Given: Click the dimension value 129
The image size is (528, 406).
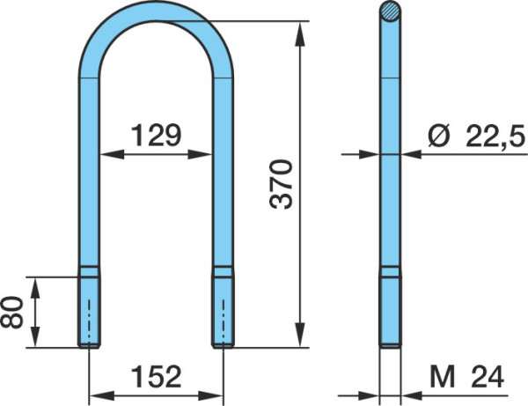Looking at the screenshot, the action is point(157,135).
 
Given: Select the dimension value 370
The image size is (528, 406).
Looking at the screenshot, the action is point(281,184).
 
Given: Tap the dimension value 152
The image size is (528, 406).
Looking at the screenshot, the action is point(157,376).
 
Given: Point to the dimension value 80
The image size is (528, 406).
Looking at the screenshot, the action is point(11,312).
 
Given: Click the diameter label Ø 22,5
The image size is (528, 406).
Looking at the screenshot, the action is point(476,136).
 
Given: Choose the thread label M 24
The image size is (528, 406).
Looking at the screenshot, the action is point(466,377).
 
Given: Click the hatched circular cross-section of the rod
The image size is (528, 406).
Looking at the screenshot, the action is point(390,11).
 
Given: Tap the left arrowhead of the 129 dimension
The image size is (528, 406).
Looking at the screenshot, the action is point(112,155).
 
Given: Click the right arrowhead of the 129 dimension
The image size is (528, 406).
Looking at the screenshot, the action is point(200,155).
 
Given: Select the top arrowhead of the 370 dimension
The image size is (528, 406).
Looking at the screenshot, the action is point(299,33).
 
